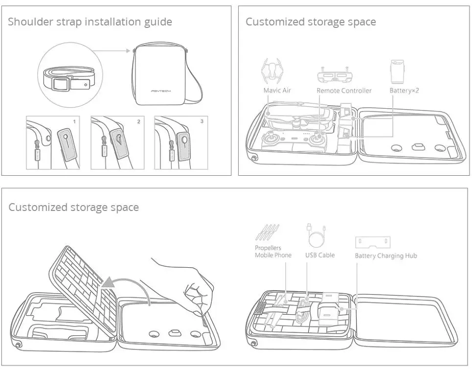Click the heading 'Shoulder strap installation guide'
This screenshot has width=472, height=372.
tap(90, 22)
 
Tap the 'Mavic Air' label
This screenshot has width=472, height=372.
tap(277, 91)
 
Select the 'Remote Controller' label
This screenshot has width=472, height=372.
tap(344, 91)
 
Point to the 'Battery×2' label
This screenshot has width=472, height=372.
tap(404, 91)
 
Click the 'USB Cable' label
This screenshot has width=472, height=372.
tap(320, 255)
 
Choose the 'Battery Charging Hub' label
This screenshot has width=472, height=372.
tap(386, 256)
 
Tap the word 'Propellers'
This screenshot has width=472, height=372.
tap(268, 248)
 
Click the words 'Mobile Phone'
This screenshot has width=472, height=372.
tap(273, 256)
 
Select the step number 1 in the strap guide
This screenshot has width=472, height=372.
tap(74, 121)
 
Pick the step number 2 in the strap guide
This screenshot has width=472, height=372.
tap(138, 121)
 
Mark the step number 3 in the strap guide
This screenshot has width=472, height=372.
tap(202, 121)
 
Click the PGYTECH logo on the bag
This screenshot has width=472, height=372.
tap(161, 91)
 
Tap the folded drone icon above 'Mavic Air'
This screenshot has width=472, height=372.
tap(273, 71)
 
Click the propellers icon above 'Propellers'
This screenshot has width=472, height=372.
tap(268, 232)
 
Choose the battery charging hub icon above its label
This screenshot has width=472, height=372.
tap(373, 242)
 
